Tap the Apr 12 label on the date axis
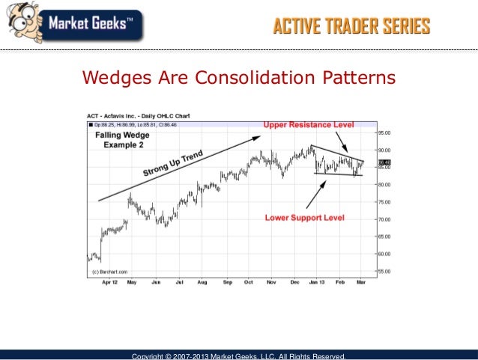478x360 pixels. [x=109, y=283]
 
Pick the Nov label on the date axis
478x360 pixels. [x=271, y=283]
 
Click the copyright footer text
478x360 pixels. [x=238, y=356]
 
